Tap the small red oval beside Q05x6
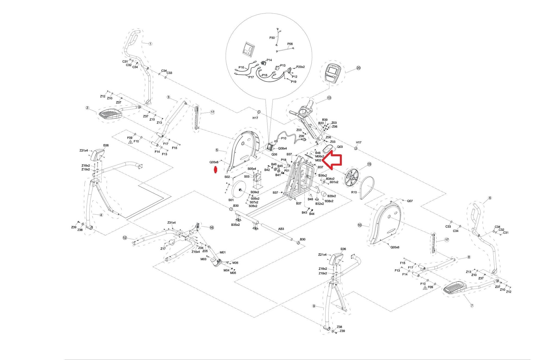click(216, 170)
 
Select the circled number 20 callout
click(358, 68)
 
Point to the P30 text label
click(272, 38)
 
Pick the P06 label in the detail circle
click(290, 44)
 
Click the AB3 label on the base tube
click(281, 229)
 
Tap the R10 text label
click(354, 192)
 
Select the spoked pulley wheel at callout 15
click(352, 178)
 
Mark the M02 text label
click(318, 160)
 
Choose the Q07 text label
click(410, 201)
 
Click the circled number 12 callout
click(125, 238)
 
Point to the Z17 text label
click(163, 249)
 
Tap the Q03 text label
click(340, 147)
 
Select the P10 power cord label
click(283, 138)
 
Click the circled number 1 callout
click(150, 43)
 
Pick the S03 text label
click(247, 177)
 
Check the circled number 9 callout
click(314, 306)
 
